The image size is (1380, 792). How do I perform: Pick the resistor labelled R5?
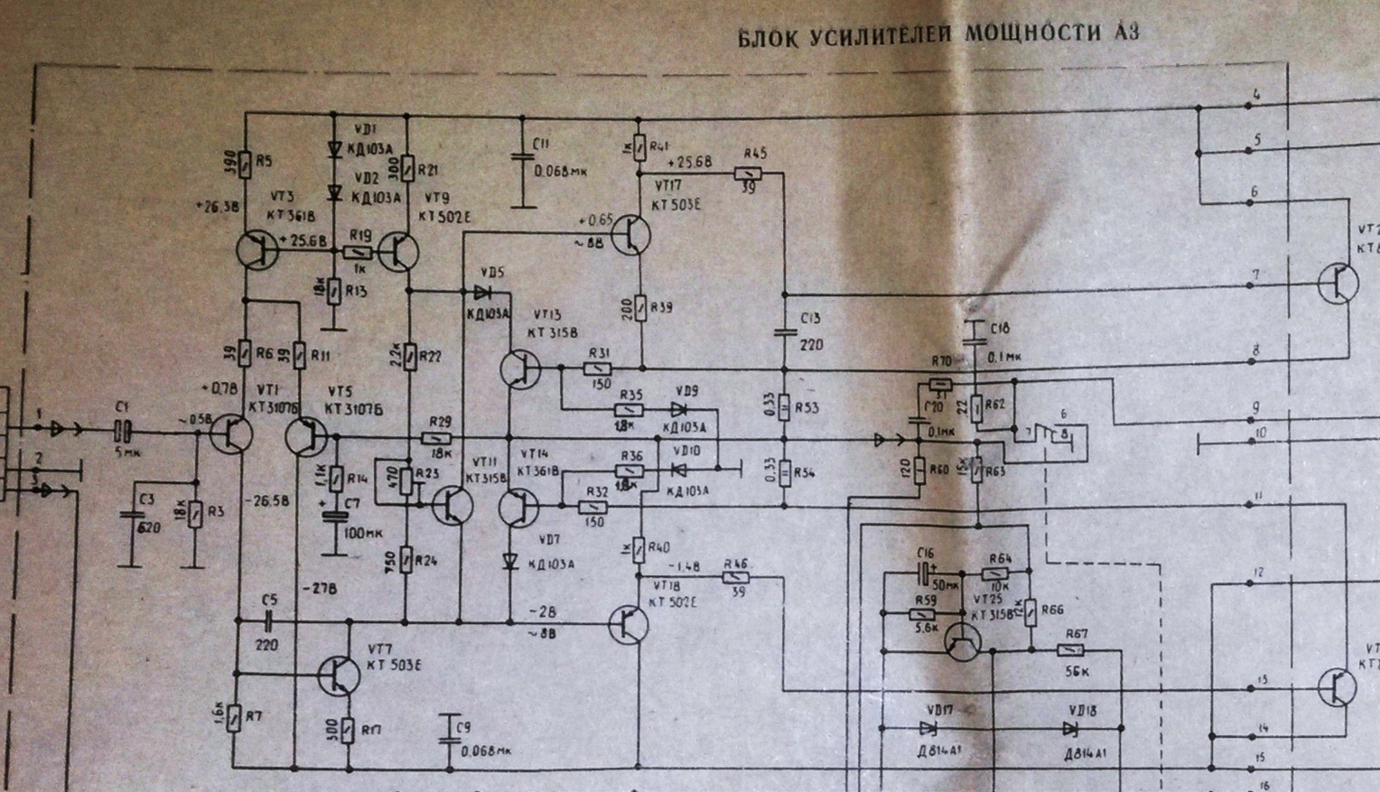tap(244, 163)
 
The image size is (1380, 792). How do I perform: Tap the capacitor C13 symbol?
tap(784, 331)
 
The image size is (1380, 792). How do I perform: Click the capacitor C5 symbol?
tap(269, 620)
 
